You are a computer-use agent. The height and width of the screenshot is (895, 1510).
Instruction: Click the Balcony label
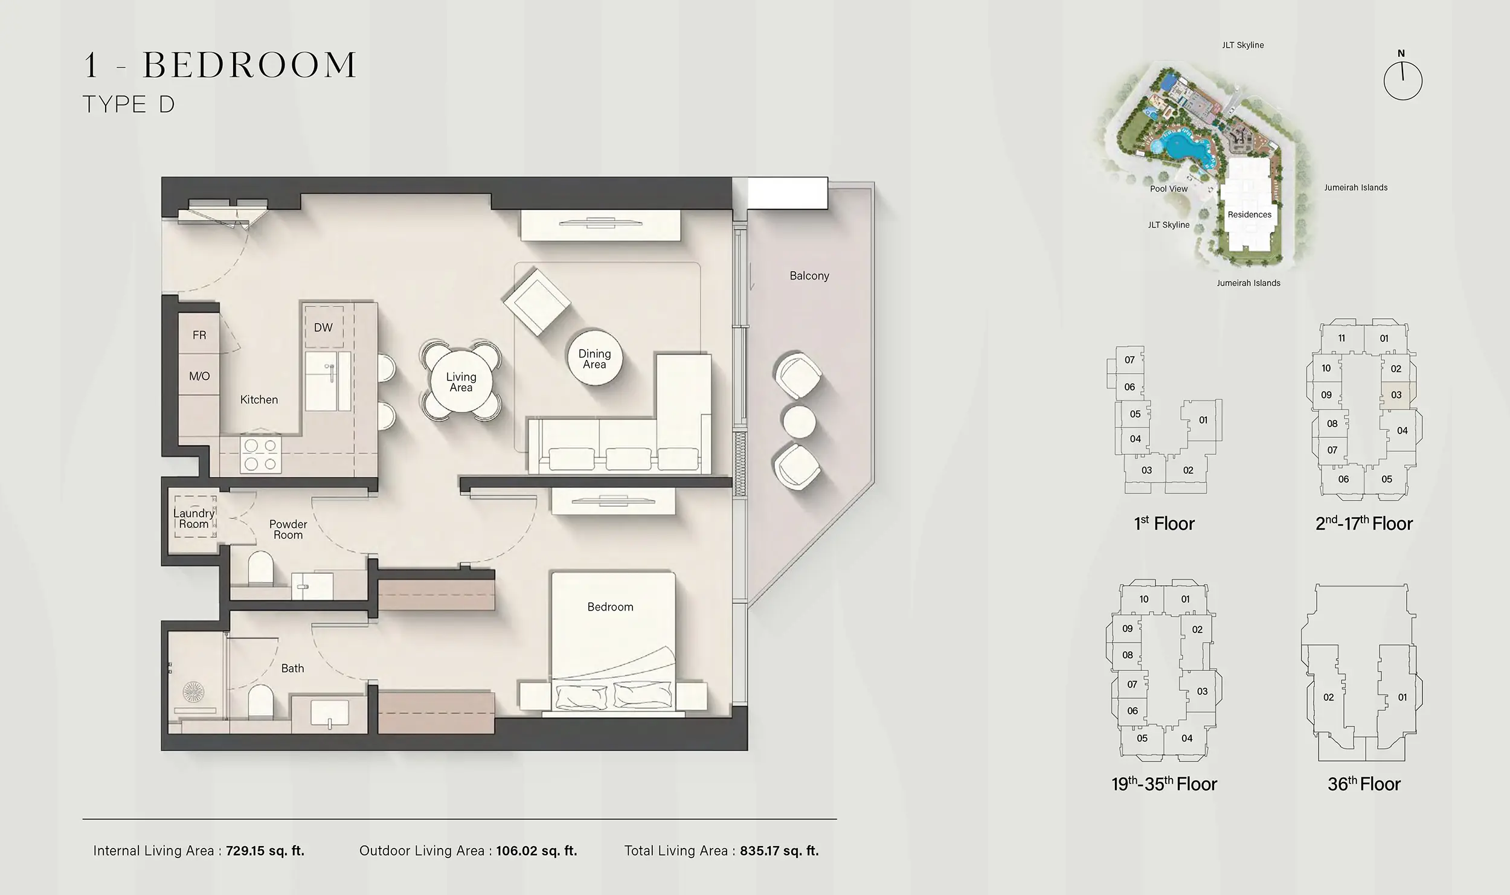point(809,276)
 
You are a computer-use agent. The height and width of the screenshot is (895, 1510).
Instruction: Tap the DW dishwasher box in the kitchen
point(323,327)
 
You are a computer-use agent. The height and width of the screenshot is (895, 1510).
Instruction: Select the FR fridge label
point(199,335)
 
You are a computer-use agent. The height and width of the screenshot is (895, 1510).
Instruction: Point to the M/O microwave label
point(199,376)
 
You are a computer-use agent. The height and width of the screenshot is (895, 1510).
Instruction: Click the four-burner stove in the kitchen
point(261,455)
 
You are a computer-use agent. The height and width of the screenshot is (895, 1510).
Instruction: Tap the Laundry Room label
point(193,519)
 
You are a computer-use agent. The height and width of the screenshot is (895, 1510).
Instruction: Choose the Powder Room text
point(288,530)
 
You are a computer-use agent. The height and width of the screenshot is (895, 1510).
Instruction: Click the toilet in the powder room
point(260,568)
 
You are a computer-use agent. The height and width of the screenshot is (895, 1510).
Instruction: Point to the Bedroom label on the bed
point(610,607)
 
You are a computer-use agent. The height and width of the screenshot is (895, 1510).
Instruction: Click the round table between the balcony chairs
point(798,420)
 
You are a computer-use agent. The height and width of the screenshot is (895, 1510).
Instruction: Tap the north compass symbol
point(1402,80)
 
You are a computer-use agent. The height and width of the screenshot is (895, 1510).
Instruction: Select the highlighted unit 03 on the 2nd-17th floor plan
point(1396,396)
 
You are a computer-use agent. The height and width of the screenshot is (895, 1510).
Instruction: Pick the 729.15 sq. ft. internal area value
point(265,851)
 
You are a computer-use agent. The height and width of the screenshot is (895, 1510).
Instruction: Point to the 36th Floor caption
point(1364,784)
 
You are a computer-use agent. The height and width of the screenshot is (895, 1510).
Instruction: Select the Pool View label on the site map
point(1169,189)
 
